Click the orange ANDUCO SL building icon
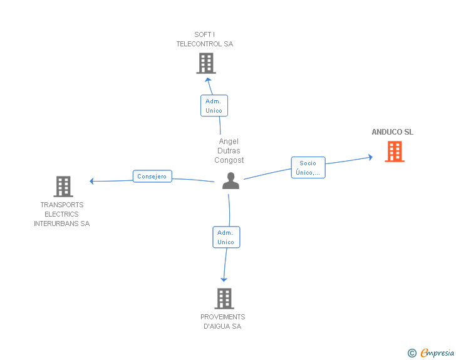[x=395, y=152]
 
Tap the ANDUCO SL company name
[x=392, y=132]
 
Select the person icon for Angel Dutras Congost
[x=231, y=180]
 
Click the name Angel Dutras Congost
[x=229, y=151]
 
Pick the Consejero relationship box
[x=152, y=176]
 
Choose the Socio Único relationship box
[x=308, y=168]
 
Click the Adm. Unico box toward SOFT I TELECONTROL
[x=214, y=106]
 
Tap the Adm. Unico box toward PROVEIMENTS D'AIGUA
[x=226, y=237]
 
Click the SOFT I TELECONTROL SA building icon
[x=206, y=63]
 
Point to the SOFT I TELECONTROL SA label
[x=205, y=39]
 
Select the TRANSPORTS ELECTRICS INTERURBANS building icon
[x=63, y=187]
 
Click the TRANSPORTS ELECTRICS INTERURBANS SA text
[x=61, y=214]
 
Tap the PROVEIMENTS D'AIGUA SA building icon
[x=224, y=299]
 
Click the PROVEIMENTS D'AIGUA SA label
[x=223, y=321]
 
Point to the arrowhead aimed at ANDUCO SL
[x=371, y=157]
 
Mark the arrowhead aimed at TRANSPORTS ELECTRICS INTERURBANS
[x=91, y=181]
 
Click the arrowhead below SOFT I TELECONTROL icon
[x=208, y=80]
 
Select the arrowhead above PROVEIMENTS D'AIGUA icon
[x=224, y=279]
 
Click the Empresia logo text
[x=437, y=352]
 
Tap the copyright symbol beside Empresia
[x=412, y=353]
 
